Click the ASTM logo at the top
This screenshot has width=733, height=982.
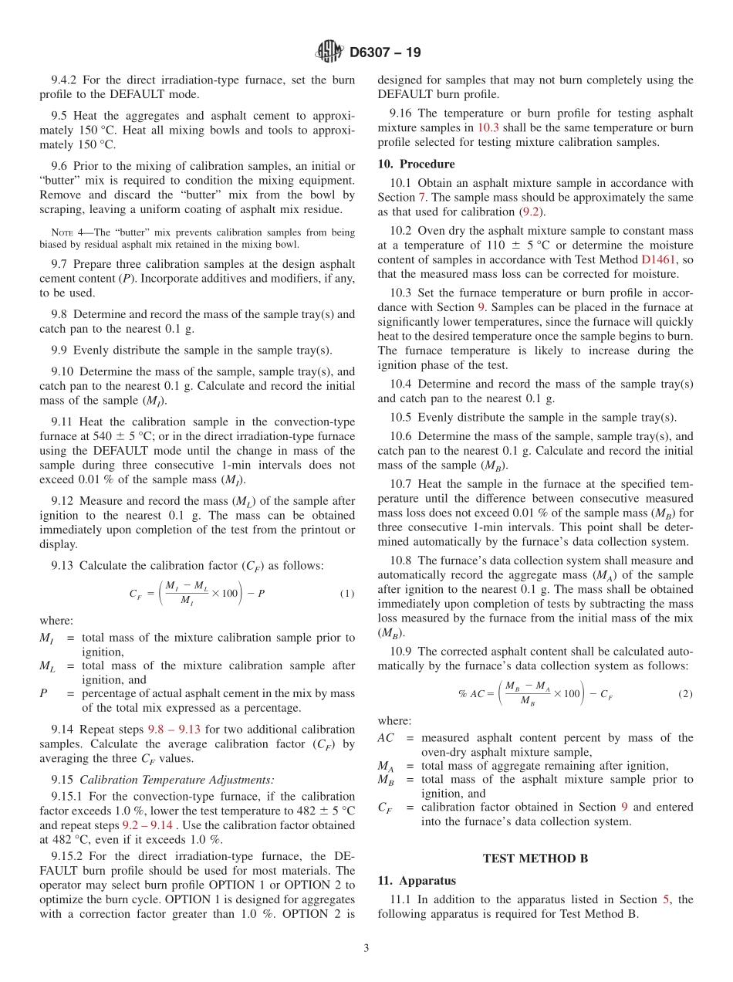[329, 52]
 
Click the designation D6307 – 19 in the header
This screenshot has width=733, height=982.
[385, 53]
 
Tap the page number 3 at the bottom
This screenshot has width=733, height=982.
[366, 948]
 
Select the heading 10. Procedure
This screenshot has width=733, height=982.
[416, 164]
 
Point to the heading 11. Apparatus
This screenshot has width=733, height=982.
[417, 880]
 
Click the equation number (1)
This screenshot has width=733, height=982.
[346, 593]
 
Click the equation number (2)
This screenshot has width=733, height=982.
[685, 693]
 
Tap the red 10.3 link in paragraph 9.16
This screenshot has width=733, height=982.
[488, 127]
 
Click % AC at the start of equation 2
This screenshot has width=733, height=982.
[471, 693]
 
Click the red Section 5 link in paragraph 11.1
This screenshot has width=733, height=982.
[666, 899]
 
